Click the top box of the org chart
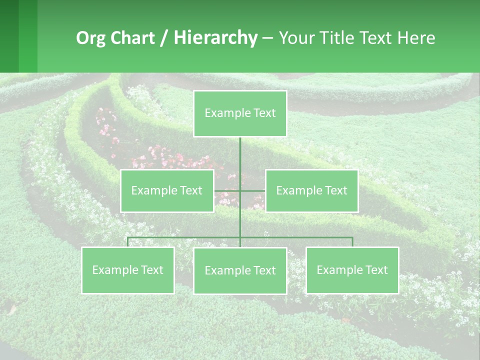[x=240, y=113]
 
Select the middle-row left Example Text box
[x=167, y=190]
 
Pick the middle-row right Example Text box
[x=311, y=190]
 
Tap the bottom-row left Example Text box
[x=127, y=270]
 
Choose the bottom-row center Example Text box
[x=240, y=270]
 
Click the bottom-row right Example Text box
[x=352, y=270]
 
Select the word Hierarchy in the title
[x=215, y=38]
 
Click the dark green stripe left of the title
[x=9, y=36]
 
